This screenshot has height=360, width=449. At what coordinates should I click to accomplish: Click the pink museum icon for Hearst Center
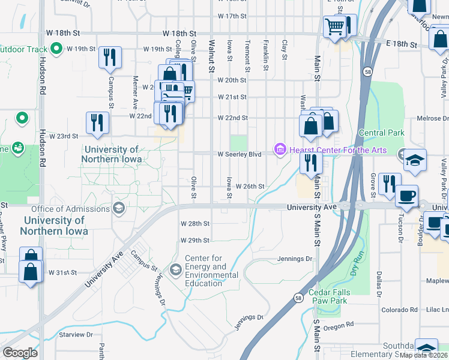pos(280,149)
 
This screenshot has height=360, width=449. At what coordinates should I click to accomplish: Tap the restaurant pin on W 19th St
pos(110,57)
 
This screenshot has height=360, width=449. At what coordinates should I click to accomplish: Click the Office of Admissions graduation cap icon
pos(119,208)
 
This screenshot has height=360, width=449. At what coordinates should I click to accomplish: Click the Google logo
pos(20,353)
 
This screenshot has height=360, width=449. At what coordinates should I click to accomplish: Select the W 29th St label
pos(195,240)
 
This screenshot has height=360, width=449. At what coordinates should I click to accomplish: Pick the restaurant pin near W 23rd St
pos(97,123)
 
